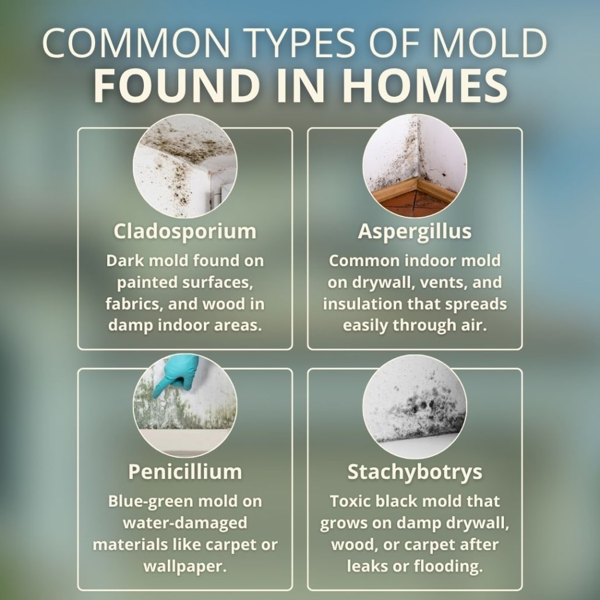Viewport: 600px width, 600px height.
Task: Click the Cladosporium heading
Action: (185, 231)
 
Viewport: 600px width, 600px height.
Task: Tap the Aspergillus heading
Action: (414, 231)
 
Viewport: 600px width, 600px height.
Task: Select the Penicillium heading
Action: (185, 471)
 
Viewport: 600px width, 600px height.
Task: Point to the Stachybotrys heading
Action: (415, 472)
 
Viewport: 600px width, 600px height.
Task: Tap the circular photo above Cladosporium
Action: (185, 166)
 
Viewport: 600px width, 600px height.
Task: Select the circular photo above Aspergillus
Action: (414, 166)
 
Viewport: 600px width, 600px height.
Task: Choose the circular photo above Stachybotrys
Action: (414, 407)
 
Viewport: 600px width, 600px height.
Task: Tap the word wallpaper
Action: (185, 566)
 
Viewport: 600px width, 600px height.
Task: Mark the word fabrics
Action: (135, 303)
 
